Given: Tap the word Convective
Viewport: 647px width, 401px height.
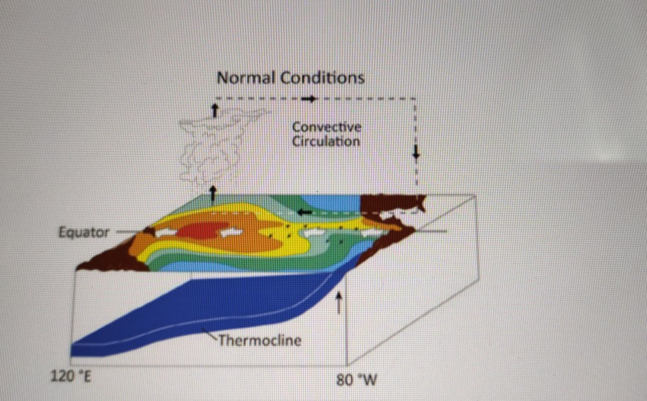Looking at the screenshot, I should (326, 127).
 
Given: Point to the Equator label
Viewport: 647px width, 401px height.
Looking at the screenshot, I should (83, 233).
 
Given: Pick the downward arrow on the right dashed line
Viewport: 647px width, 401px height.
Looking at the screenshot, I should (416, 152).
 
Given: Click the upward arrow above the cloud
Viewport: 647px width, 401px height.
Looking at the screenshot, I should (214, 109).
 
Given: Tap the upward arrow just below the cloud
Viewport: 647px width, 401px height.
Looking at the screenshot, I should (213, 193).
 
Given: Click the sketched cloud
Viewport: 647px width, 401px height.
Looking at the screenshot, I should (219, 146).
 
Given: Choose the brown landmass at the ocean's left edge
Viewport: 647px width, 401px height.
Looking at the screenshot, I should (110, 257).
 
